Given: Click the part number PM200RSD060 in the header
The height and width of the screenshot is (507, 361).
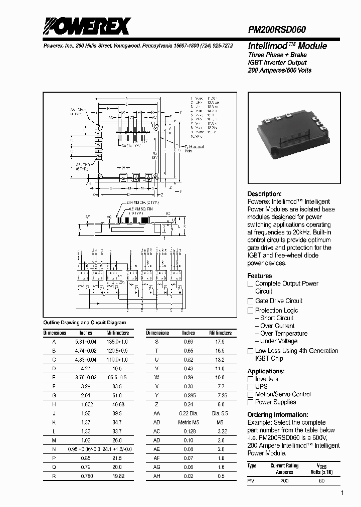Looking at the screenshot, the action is [x=277, y=30].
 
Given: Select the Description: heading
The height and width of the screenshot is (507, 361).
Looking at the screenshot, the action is [x=264, y=194].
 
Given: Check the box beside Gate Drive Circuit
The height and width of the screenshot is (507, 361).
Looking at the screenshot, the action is [x=251, y=301].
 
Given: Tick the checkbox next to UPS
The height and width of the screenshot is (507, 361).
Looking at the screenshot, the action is [x=251, y=387].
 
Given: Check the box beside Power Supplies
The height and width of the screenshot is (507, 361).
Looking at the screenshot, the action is [x=251, y=402].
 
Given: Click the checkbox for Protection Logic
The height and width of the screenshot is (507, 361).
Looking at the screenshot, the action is [x=251, y=311].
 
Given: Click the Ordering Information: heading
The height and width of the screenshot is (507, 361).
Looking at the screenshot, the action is [x=277, y=415].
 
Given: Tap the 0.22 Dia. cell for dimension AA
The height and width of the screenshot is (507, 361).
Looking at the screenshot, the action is [x=189, y=414].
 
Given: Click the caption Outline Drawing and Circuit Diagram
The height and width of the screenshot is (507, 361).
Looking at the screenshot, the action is [x=85, y=323].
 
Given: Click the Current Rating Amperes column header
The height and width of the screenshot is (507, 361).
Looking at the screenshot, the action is [x=284, y=469].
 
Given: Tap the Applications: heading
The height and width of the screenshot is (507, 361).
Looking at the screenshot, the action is [x=266, y=371].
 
